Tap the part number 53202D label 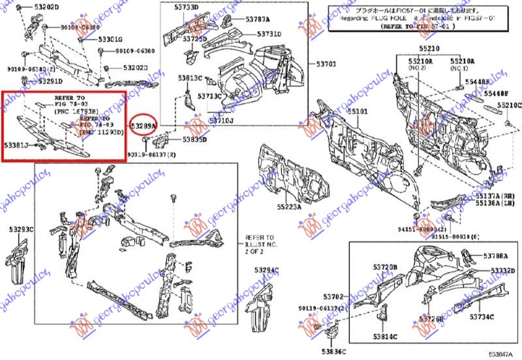click(x=46, y=7)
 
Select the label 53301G click(x=110, y=40)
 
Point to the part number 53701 click(x=326, y=64)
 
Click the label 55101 click(x=357, y=112)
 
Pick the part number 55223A click(x=288, y=207)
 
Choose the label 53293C click(x=21, y=230)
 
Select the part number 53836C click(x=332, y=353)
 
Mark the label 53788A click(x=495, y=256)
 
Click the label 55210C click(x=509, y=105)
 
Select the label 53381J click(x=16, y=144)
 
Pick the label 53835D click(x=194, y=140)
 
